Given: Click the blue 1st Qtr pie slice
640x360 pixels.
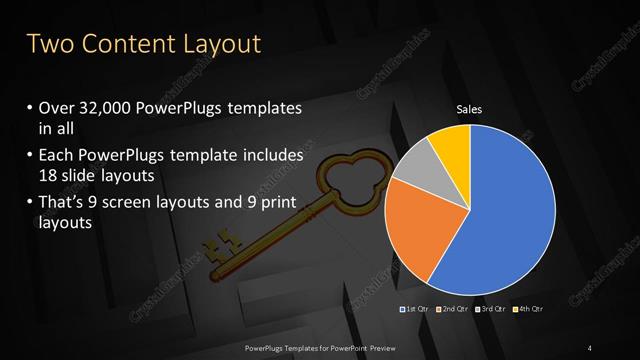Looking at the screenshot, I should pos(510,210).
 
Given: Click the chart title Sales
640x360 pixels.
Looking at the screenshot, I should pos(470,110).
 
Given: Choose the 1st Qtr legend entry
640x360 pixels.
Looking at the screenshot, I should pos(415,309).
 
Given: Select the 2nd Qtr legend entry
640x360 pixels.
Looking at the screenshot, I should pos(451,309).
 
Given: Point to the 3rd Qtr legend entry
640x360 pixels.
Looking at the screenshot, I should pos(490,309).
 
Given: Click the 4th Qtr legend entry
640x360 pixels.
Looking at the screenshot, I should pos(529,309).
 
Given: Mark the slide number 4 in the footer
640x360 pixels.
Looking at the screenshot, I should pos(591,347).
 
